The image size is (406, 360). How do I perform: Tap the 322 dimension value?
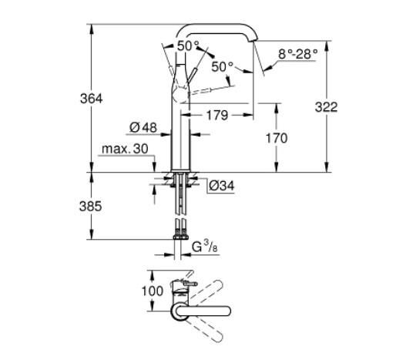coord(326,107)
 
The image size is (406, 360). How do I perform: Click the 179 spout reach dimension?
coord(218,116)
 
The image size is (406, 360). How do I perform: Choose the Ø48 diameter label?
coord(144,128)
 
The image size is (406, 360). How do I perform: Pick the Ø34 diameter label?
coord(220,184)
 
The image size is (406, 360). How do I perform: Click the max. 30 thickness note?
coord(124,147)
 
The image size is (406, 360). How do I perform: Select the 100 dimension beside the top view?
coord(153,291)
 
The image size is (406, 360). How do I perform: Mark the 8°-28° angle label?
coord(297,55)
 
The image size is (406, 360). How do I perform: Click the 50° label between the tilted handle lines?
coord(188,46)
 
